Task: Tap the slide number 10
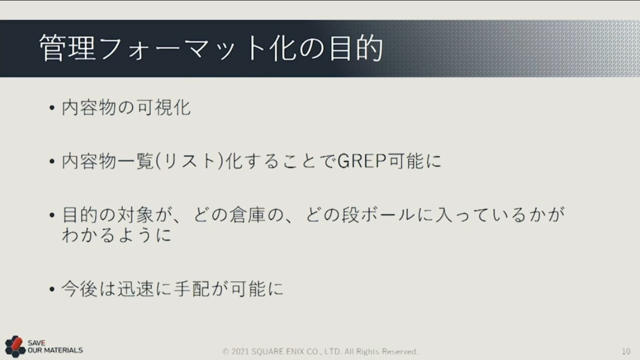pyautogui.click(x=626, y=351)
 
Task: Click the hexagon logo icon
pyautogui.click(x=15, y=346)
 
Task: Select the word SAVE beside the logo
pyautogui.click(x=36, y=343)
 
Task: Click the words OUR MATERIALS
pyautogui.click(x=55, y=350)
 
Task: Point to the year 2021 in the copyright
pyautogui.click(x=241, y=351)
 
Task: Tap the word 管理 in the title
pyautogui.click(x=67, y=48)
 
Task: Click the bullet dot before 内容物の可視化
pyautogui.click(x=52, y=108)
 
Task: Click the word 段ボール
pyautogui.click(x=378, y=215)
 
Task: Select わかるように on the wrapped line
pyautogui.click(x=117, y=235)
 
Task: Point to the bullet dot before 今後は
pyautogui.click(x=52, y=289)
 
